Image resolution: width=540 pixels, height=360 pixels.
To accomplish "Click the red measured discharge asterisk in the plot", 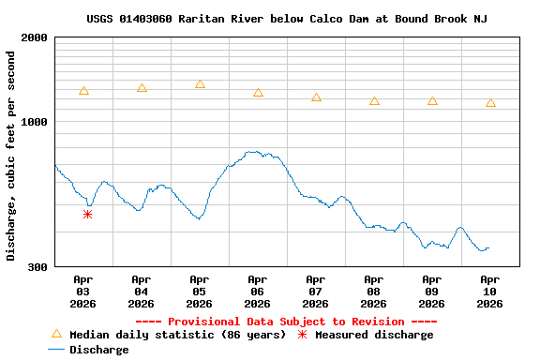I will [87, 215].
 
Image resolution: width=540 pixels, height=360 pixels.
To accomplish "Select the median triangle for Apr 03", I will [83, 91].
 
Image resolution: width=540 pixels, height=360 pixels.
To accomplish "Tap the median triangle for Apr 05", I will [200, 84].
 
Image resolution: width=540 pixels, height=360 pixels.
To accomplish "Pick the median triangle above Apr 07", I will [316, 97].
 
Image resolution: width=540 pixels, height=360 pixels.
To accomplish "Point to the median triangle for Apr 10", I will [490, 103].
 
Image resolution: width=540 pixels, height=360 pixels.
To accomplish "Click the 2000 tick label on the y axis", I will [35, 38].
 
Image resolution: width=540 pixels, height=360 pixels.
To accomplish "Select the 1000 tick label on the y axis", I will [35, 122].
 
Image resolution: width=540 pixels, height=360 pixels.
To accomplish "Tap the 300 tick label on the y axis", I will [37, 267].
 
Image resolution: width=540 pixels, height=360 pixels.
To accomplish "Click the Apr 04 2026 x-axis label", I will [141, 291].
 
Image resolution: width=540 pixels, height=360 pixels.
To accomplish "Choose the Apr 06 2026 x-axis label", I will [257, 291].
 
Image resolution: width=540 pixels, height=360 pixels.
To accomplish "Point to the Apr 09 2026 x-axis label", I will [431, 291].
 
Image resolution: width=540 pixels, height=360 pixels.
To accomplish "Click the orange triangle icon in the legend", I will [56, 334].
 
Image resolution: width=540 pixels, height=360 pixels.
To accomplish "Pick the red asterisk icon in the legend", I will [302, 335].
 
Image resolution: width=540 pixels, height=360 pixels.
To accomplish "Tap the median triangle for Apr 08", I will [374, 101].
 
